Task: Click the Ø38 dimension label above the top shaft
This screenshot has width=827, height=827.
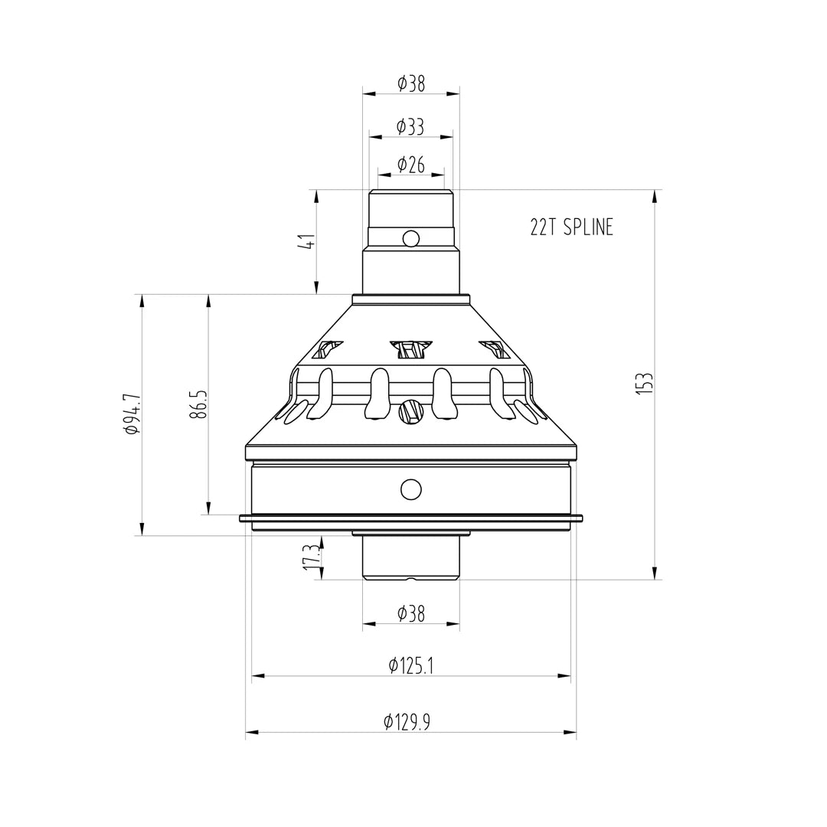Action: (411, 83)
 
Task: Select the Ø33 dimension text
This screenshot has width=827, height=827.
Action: (411, 127)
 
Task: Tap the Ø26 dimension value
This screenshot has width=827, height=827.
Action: (411, 165)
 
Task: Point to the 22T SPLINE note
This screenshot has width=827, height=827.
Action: (571, 227)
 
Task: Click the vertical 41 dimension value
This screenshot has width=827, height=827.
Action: (307, 242)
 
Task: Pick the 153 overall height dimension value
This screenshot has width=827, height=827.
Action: (645, 383)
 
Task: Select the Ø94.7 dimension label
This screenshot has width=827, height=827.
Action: (132, 414)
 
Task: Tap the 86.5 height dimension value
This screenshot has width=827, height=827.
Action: (199, 404)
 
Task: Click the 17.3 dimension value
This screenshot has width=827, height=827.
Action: (311, 557)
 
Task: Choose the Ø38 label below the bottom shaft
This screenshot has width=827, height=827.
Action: (411, 613)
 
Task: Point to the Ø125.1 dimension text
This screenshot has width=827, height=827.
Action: (411, 665)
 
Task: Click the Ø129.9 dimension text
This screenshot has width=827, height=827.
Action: (407, 721)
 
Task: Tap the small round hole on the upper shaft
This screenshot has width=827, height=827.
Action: (411, 238)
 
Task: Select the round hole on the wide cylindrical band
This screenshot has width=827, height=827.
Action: (411, 489)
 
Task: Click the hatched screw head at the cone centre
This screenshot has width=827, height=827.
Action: (411, 412)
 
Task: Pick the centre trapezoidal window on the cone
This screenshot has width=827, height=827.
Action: (411, 349)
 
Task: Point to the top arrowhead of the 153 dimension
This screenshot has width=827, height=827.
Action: (655, 197)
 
